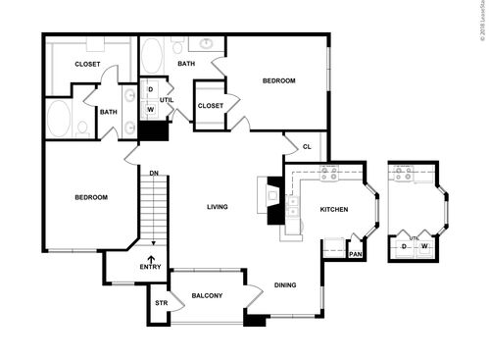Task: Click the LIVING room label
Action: click(218, 207)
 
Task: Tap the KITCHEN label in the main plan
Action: click(335, 209)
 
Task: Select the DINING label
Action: click(285, 285)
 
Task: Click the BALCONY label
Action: click(206, 296)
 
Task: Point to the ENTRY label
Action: click(150, 267)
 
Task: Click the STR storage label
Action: click(161, 303)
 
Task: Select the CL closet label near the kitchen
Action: click(307, 147)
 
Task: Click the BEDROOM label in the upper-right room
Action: click(278, 81)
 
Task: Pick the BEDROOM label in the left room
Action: click(91, 197)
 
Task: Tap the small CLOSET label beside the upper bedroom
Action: click(210, 106)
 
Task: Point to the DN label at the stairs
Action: click(154, 174)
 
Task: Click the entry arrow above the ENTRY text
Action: click(151, 256)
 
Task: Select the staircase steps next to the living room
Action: click(151, 211)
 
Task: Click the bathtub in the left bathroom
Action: click(60, 120)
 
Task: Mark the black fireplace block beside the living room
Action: click(274, 210)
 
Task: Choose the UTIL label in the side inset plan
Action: click(414, 237)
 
